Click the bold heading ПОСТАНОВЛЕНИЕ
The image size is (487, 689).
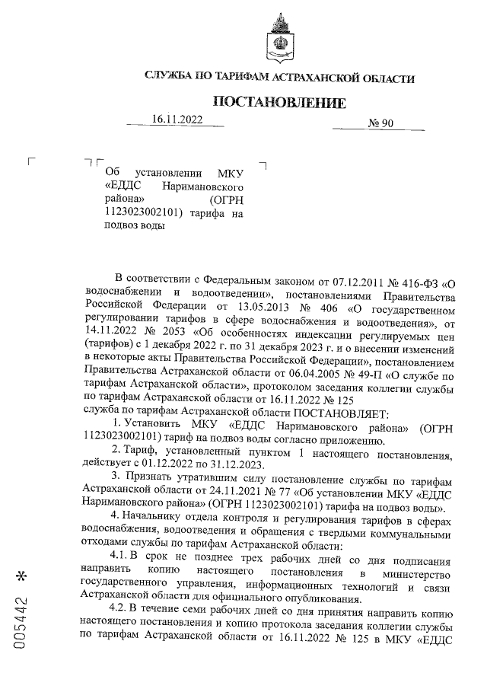pyautogui.click(x=279, y=102)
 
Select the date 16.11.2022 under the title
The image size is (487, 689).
pyautogui.click(x=177, y=120)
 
